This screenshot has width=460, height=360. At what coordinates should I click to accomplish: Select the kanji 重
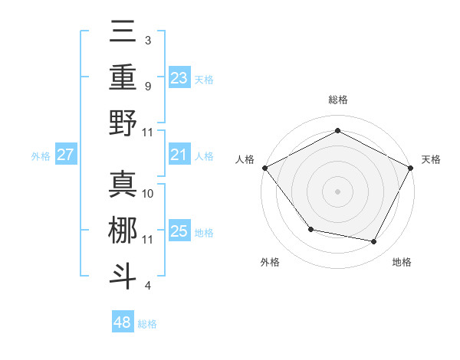(x=123, y=77)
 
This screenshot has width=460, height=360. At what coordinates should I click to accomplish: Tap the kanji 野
(x=123, y=123)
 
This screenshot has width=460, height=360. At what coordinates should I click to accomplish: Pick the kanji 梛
(x=123, y=230)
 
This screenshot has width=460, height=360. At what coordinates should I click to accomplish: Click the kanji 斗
(x=123, y=275)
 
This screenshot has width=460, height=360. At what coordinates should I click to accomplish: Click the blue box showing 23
(x=179, y=77)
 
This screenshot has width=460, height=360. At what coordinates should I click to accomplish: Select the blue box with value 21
(x=179, y=155)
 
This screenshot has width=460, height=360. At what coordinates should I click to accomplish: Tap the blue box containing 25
(x=179, y=231)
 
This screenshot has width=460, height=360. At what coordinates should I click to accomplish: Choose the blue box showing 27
(x=66, y=155)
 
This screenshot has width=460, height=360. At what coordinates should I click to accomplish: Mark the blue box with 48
(x=123, y=322)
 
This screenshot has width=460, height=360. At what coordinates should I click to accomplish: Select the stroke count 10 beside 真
(x=149, y=193)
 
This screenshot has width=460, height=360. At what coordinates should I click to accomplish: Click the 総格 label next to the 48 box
(x=147, y=324)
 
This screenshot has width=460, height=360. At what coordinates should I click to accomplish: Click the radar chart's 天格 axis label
(x=432, y=159)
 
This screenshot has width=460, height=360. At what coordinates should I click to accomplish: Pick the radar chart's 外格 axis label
(x=270, y=262)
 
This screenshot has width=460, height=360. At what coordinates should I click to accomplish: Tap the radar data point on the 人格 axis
(x=264, y=168)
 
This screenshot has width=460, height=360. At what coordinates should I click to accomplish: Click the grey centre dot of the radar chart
(x=337, y=191)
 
